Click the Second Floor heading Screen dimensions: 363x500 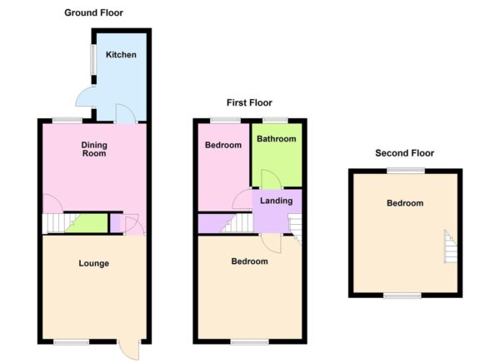[x=404, y=153]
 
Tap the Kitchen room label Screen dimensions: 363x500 [x=122, y=56]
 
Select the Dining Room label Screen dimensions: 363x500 [x=93, y=149]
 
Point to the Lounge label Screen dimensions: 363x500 [x=93, y=264]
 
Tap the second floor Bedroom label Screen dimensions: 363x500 [x=404, y=203]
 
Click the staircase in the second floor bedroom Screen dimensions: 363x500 [x=451, y=247]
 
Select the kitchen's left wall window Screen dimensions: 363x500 [x=92, y=60]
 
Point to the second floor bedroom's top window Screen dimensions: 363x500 [x=404, y=171]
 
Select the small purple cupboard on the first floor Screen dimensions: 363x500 [x=208, y=223]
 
